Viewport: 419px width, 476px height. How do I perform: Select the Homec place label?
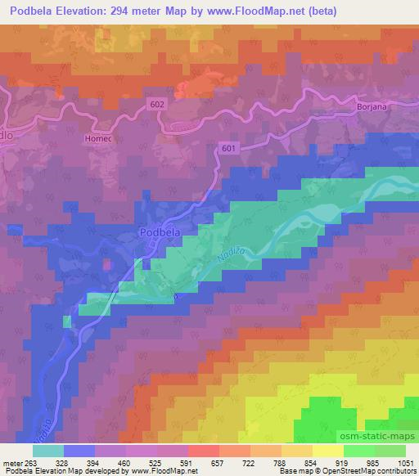pos(97,139)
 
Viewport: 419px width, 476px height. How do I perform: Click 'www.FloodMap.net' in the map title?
pos(252,12)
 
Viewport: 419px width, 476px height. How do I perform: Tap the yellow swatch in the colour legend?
pos(327,451)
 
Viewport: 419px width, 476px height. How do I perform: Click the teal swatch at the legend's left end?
pos(47,451)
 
